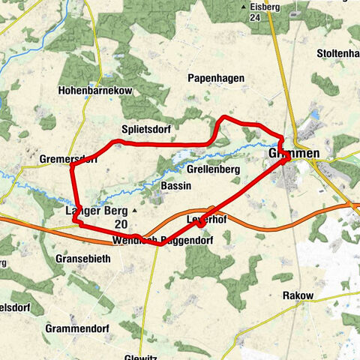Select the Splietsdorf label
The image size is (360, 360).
click(145, 129)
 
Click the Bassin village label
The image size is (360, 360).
click(174, 185)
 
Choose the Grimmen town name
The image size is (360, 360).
click(293, 154)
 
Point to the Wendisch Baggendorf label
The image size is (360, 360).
click(162, 241)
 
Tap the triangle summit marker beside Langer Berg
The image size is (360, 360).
click(134, 211)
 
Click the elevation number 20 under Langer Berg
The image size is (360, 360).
click(120, 223)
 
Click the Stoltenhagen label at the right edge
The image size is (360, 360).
click(338, 53)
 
